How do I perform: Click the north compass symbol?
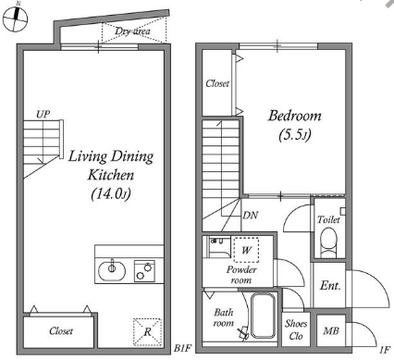(x=15, y=18)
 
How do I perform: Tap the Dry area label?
(x=133, y=31)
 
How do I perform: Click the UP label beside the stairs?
(x=43, y=115)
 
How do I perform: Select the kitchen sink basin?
(x=112, y=270)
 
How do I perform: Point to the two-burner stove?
(x=144, y=271)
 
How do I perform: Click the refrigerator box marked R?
(x=148, y=332)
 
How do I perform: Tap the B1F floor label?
(x=182, y=349)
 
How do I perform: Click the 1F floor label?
(x=385, y=350)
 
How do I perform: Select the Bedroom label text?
(x=295, y=116)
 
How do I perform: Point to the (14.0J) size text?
(x=111, y=194)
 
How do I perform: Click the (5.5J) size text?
(x=295, y=134)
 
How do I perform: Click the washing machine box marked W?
(x=246, y=250)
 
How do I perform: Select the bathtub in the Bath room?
(x=263, y=316)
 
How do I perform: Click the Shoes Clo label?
(x=296, y=329)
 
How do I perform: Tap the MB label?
(x=331, y=331)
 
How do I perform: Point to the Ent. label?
(x=330, y=285)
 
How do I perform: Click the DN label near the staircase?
(x=250, y=215)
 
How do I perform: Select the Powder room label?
(x=241, y=275)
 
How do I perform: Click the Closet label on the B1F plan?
(x=61, y=331)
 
